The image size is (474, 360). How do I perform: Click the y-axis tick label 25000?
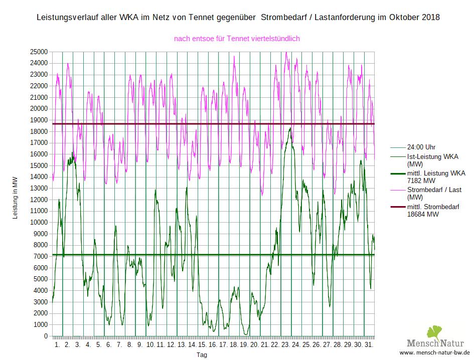pyautogui.click(x=39, y=52)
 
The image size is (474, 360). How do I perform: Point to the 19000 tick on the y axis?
pyautogui.click(x=39, y=120)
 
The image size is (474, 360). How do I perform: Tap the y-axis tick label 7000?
pyautogui.click(x=41, y=257)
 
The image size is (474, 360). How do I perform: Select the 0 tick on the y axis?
pyautogui.click(x=46, y=336)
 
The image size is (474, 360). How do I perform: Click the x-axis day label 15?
pyautogui.click(x=202, y=345)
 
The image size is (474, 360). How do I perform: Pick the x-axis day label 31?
pyautogui.click(x=369, y=345)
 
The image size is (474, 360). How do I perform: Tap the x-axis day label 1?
pyautogui.click(x=57, y=345)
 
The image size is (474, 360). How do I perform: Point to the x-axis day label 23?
pyautogui.click(x=285, y=345)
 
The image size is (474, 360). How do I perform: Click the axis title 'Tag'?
pyautogui.click(x=202, y=355)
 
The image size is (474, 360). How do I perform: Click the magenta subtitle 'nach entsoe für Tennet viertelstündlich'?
pyautogui.click(x=237, y=38)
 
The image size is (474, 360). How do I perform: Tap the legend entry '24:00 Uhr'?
pyautogui.click(x=421, y=147)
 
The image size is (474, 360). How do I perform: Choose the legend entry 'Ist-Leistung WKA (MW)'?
pyautogui.click(x=432, y=160)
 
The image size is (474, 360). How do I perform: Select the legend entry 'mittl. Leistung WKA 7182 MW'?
pyautogui.click(x=436, y=176)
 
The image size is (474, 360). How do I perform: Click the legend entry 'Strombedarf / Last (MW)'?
pyautogui.click(x=434, y=194)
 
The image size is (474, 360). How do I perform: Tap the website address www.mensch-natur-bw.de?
pyautogui.click(x=434, y=353)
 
